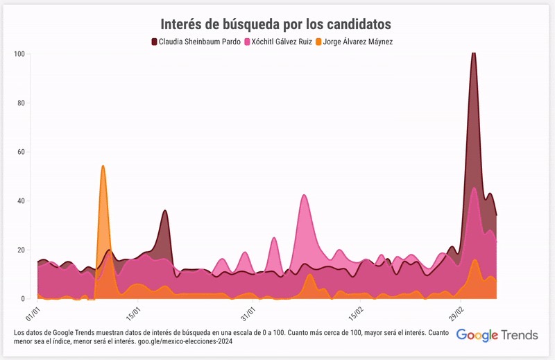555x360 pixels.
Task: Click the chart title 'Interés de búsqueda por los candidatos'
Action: click(276, 24)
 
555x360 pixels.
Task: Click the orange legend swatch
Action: click(318, 42)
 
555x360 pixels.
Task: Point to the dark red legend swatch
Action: click(154, 42)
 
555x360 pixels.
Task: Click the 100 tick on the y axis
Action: click(19, 54)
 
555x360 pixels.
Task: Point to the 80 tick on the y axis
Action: click(21, 103)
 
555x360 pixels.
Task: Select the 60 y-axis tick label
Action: click(21, 152)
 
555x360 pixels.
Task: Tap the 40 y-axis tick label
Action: click(21, 201)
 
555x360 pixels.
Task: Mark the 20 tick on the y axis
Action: click(21, 250)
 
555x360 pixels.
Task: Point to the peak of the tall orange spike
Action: click(103, 166)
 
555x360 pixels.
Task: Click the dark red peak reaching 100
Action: click(473, 53)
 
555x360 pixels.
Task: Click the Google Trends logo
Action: click(497, 335)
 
